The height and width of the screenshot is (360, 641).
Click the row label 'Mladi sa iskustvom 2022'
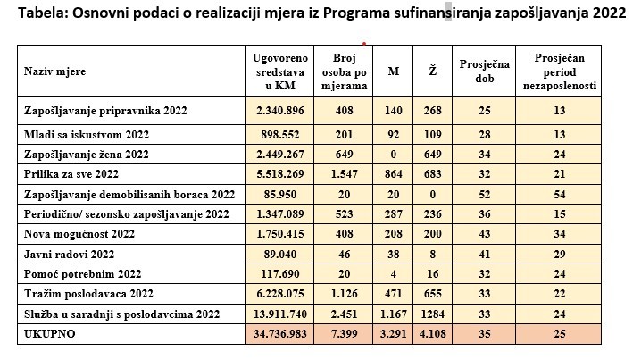point(87,134)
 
